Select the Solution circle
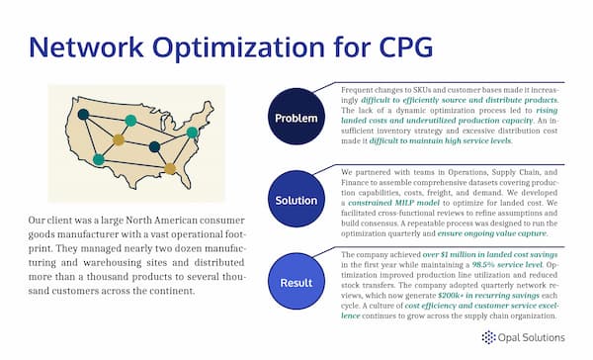click(x=296, y=201)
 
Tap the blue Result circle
click(x=296, y=282)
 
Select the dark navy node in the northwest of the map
click(x=84, y=115)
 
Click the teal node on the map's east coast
click(x=193, y=132)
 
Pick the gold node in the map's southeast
click(x=170, y=168)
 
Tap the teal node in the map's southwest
click(x=98, y=159)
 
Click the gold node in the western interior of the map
click(x=119, y=139)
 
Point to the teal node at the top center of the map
click(x=130, y=121)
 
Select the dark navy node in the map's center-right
click(x=154, y=146)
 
